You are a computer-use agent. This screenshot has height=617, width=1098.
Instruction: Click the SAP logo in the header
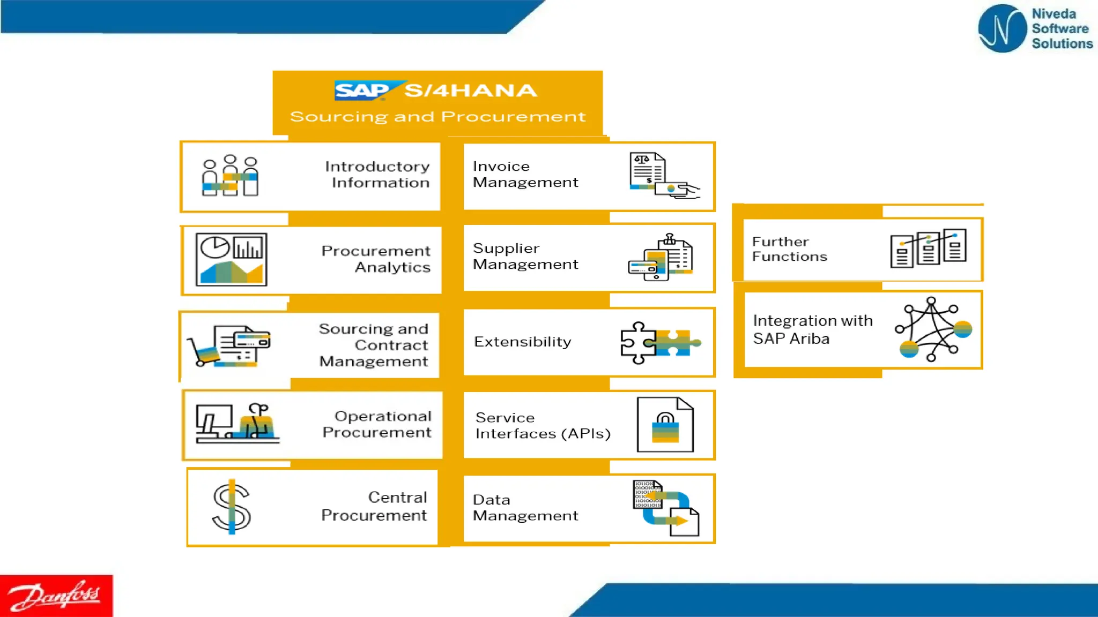pos(362,91)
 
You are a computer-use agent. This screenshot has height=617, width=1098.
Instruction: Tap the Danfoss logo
pos(56,596)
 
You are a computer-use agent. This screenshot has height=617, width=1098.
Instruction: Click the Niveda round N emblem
pos(1001,28)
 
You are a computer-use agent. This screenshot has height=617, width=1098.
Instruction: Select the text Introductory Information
pos(377,175)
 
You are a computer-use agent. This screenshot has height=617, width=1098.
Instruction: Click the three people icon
pos(230,176)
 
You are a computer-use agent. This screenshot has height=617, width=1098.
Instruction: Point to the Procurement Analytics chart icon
pos(231,259)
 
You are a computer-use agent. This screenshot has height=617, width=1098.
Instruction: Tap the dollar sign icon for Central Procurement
pos(232,507)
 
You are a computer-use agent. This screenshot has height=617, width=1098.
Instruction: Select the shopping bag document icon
pos(665,425)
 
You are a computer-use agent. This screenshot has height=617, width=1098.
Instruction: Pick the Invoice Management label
pos(525,175)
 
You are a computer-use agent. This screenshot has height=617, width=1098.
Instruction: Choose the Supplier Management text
pos(525,257)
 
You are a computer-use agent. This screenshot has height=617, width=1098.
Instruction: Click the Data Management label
pos(525,508)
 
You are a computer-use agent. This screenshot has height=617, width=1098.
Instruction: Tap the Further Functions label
pos(789,249)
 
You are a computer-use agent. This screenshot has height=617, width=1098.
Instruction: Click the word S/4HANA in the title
pos(470,91)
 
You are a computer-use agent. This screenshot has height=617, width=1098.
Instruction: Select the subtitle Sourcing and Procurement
pos(437,117)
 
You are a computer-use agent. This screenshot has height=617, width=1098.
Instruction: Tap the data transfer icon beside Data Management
pos(665,508)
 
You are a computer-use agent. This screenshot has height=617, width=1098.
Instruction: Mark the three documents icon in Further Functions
pos(928,248)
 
